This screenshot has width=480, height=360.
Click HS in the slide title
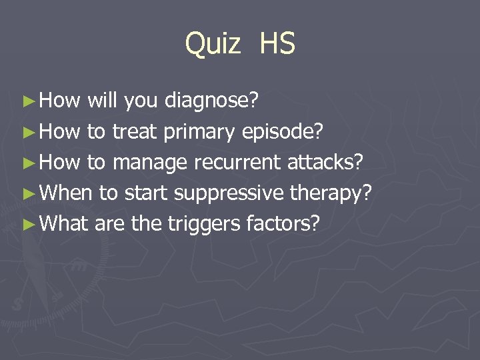[x=277, y=44]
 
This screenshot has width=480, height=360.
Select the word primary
[x=198, y=132]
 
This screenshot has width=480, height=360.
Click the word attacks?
[x=325, y=163]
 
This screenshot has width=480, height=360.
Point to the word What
[x=65, y=224]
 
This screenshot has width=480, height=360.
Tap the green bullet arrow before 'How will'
[x=27, y=102]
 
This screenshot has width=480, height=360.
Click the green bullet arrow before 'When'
[x=27, y=194]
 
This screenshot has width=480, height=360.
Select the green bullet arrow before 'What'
[x=27, y=225]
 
